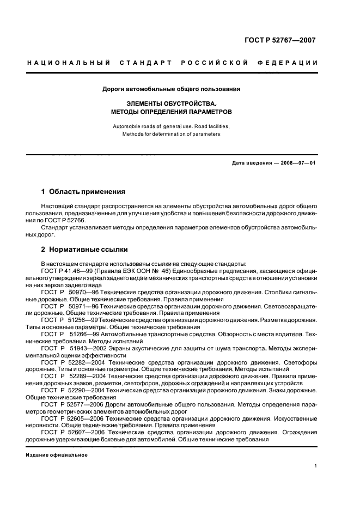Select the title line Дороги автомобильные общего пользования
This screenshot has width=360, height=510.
172,89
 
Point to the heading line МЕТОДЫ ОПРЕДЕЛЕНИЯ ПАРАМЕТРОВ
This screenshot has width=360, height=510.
172,111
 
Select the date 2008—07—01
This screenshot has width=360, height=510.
299,163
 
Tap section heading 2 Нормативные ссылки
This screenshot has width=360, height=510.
84,250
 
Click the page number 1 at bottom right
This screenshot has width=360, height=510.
316,466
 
